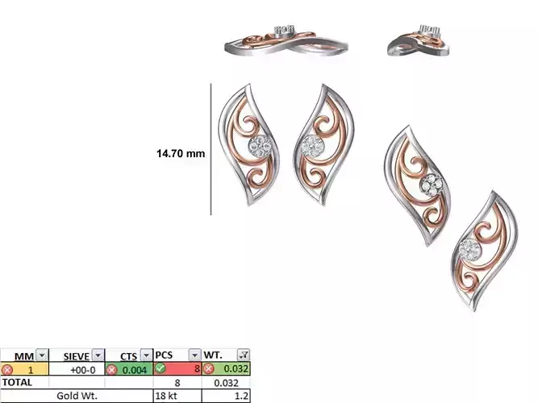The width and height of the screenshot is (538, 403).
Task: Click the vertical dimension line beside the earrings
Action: tap(211, 149)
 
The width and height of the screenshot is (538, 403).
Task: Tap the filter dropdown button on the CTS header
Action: tap(146, 355)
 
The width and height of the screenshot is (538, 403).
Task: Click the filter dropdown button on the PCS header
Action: tap(194, 355)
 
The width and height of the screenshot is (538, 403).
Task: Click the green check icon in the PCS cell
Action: tap(160, 368)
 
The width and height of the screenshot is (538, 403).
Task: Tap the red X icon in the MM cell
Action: tap(7, 368)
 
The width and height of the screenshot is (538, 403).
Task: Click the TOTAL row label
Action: tap(18, 382)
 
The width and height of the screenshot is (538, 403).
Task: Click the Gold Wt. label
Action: tap(77, 396)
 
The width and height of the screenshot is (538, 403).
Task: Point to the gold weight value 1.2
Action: tap(242, 396)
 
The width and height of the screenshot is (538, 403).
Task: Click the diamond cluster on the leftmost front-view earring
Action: tap(259, 146)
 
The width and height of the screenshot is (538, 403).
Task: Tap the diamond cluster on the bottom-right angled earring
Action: tap(469, 250)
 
